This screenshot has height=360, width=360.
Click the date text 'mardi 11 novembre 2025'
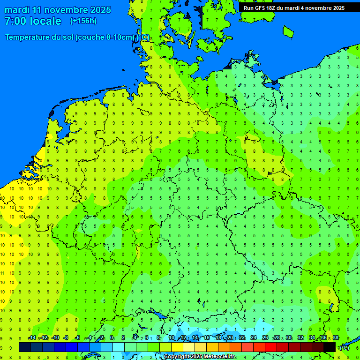pos(58,10)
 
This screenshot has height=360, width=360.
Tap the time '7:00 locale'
pos(33,21)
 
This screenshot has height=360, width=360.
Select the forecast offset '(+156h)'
pos(83,21)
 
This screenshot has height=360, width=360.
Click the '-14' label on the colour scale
pos(32,338)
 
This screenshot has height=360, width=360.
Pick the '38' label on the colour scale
pos(335,338)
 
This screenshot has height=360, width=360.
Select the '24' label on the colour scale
pos(254,338)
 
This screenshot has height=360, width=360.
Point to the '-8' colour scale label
pos(66,338)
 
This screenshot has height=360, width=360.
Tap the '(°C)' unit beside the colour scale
pos(345,348)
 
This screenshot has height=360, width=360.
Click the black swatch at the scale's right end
pos(329,347)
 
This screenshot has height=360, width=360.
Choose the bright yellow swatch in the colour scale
pos(177,347)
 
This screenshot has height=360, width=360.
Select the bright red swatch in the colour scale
pos(271,347)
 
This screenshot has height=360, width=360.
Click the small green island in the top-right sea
pos(288,31)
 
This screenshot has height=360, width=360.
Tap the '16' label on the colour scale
pos(207,338)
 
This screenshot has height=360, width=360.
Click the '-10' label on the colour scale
pos(55,338)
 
